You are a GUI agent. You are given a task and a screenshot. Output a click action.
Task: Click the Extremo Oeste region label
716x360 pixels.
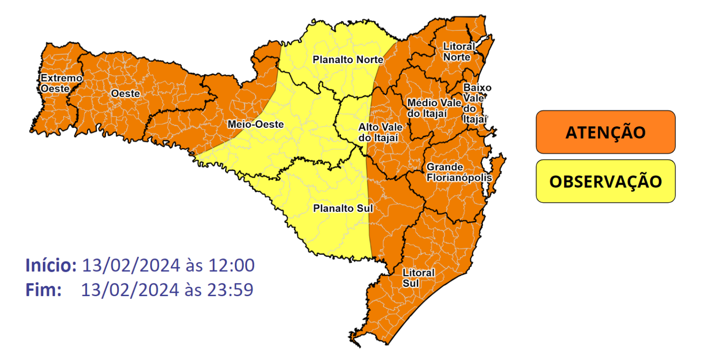[55, 83]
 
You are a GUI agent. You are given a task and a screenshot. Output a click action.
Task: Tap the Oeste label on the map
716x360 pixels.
[125, 94]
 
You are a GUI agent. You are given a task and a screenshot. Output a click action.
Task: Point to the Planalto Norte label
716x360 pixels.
[348, 60]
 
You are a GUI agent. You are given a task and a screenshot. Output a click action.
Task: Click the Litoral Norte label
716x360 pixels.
[459, 51]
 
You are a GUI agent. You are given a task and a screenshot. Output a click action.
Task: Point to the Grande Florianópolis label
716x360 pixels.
[459, 173]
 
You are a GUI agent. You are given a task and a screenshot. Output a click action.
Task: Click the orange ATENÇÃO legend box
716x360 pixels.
[605, 132]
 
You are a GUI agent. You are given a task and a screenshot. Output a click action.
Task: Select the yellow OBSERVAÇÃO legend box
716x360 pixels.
[605, 181]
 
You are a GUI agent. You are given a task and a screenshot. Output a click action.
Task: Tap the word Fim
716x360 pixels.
[43, 290]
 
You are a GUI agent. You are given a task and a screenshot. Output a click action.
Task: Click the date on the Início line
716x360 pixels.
[131, 265]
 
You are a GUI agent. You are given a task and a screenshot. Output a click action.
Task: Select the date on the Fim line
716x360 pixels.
[130, 290]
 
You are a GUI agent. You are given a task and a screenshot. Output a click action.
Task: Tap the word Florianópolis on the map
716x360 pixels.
[459, 178]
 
